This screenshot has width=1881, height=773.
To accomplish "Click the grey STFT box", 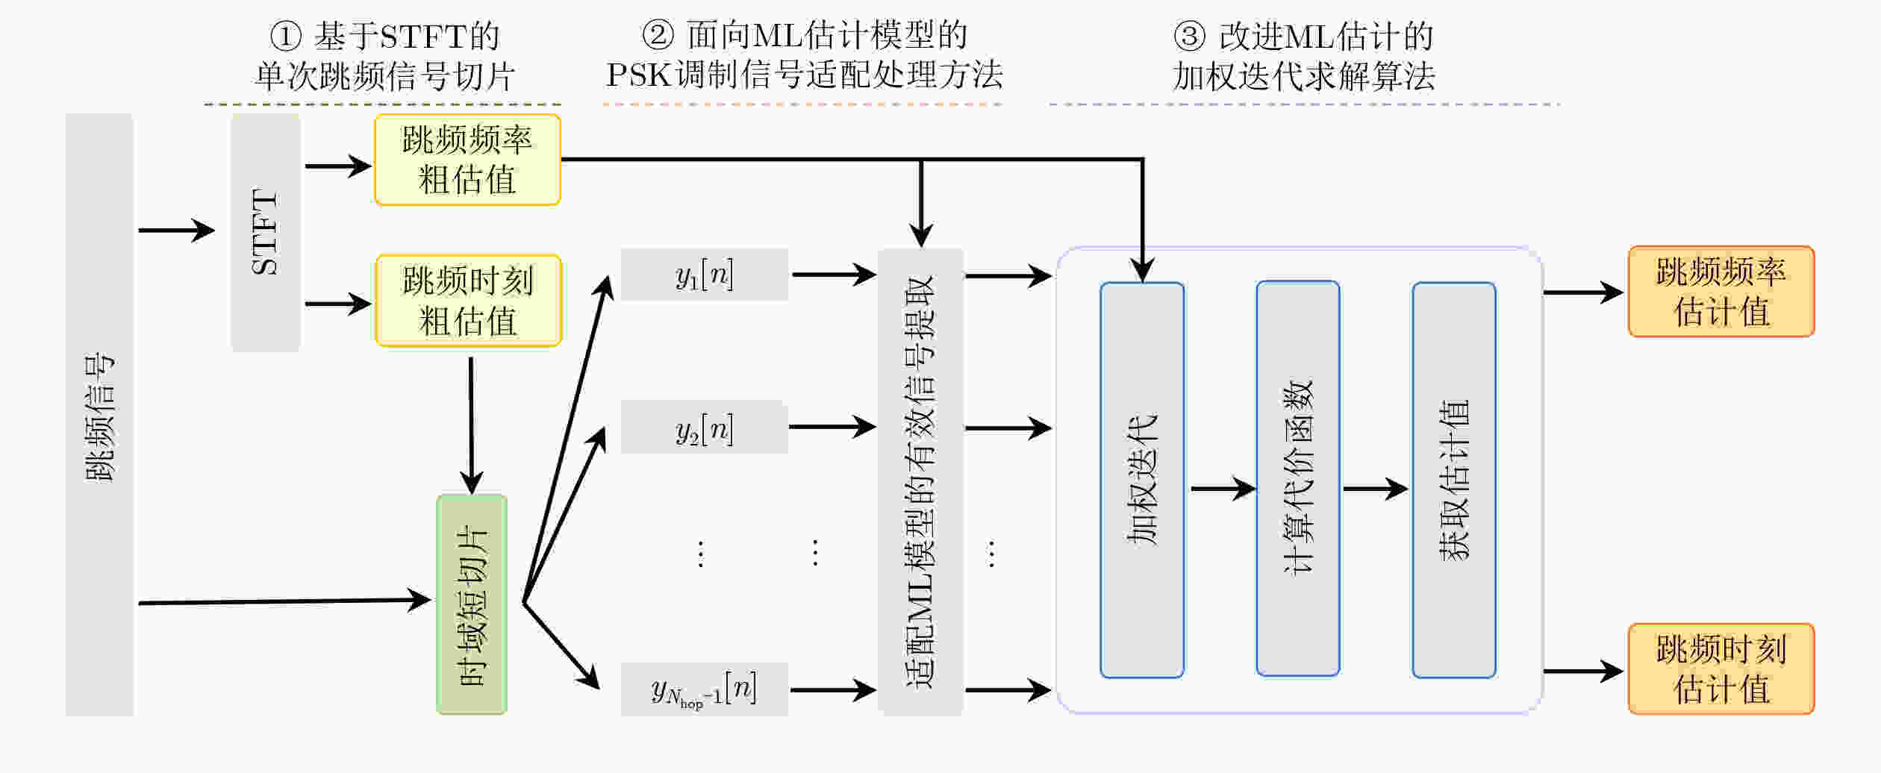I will [x=265, y=232].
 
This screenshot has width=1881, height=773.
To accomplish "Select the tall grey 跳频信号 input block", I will [x=99, y=415].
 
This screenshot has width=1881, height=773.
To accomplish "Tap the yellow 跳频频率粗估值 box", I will [x=467, y=160].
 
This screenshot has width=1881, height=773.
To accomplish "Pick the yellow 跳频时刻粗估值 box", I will [x=468, y=301].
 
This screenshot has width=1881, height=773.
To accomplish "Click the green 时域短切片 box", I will [x=472, y=604].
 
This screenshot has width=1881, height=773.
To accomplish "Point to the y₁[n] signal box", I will [x=704, y=275].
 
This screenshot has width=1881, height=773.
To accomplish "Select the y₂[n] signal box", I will [x=704, y=428].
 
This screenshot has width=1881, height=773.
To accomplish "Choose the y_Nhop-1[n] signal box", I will [x=704, y=689].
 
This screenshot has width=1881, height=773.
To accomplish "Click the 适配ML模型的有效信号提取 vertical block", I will [x=920, y=482].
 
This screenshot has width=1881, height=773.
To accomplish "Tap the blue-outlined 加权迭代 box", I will [x=1142, y=480].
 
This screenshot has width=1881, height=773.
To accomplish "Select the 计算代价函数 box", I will [x=1298, y=478].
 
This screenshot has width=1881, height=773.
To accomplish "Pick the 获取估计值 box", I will [x=1453, y=480].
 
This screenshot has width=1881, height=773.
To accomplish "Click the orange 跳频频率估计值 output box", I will [x=1721, y=292].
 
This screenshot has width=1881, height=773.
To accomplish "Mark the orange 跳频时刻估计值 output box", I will [x=1721, y=669].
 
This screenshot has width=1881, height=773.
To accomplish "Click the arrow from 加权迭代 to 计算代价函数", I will [x=1223, y=489].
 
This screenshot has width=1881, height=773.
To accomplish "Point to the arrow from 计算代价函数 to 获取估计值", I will [x=1376, y=489].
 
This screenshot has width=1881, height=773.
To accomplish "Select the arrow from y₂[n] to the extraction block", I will [x=832, y=427].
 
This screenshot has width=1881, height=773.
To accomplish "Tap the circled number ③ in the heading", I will [x=1188, y=37].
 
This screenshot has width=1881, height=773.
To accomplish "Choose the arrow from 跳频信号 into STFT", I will [x=176, y=231].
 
